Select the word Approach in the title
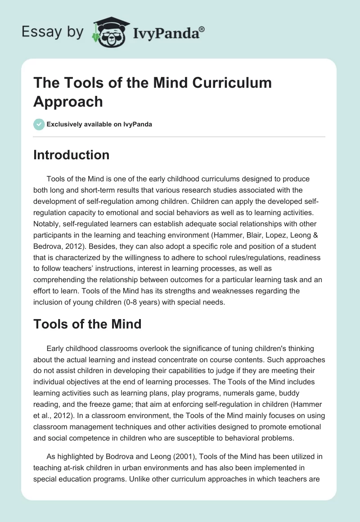click(x=68, y=101)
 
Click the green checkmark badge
click(x=39, y=124)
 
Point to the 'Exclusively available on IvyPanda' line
click(x=99, y=124)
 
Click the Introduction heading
click(x=72, y=155)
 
